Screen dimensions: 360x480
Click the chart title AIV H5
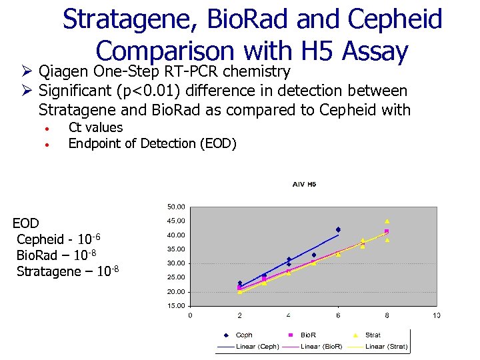303,184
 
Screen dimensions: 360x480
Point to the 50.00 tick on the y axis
176,207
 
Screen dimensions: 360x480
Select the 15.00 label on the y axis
176,306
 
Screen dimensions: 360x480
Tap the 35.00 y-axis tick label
176,249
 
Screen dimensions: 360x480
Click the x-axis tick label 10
436,315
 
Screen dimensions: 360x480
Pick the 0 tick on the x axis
190,315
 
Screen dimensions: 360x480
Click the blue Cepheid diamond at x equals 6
338,229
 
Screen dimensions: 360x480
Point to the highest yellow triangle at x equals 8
387,221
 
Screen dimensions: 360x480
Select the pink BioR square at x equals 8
387,231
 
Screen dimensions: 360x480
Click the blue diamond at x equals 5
313,255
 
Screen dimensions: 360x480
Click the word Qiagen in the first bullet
65,71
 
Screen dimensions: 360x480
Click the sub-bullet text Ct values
95,127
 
